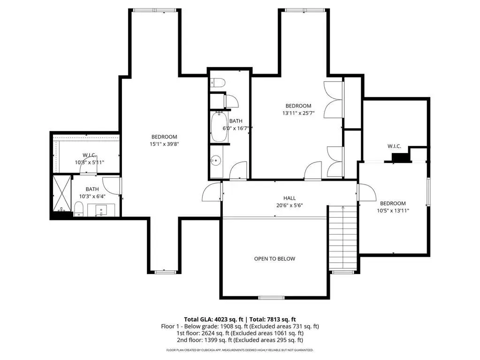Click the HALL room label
click(x=290, y=198)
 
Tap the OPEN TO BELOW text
click(x=274, y=259)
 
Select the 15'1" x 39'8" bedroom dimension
click(x=164, y=144)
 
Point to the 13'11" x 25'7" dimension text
click(x=298, y=113)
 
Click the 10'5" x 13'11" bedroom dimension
click(x=393, y=211)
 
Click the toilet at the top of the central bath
click(x=218, y=83)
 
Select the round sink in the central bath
click(x=216, y=160)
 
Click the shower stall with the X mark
click(x=62, y=193)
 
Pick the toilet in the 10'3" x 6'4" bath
click(x=79, y=209)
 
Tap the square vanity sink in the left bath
click(x=101, y=210)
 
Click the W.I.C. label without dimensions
click(x=394, y=146)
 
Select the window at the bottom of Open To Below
click(x=271, y=298)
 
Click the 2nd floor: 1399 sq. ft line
click(x=240, y=340)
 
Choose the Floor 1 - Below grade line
click(x=240, y=326)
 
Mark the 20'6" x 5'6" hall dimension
click(x=290, y=206)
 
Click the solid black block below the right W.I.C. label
click(x=401, y=157)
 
